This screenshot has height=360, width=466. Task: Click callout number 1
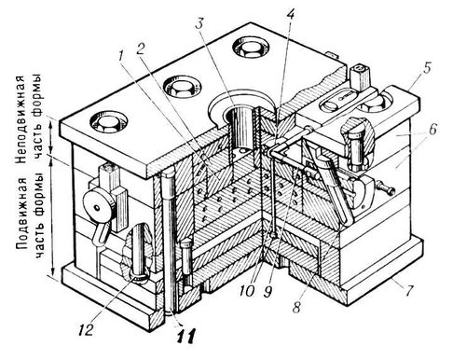point(120,56)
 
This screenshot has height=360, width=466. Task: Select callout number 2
point(141,48)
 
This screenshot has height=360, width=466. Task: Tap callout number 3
point(201,23)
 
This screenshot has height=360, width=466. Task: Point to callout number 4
point(290,13)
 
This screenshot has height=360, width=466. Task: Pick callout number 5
point(428,68)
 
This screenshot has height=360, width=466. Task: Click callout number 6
point(432,129)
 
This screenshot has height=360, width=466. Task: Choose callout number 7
point(409,291)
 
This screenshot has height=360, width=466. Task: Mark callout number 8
point(296,307)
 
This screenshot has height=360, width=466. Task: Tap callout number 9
point(268,292)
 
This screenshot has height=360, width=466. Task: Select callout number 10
point(247,291)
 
